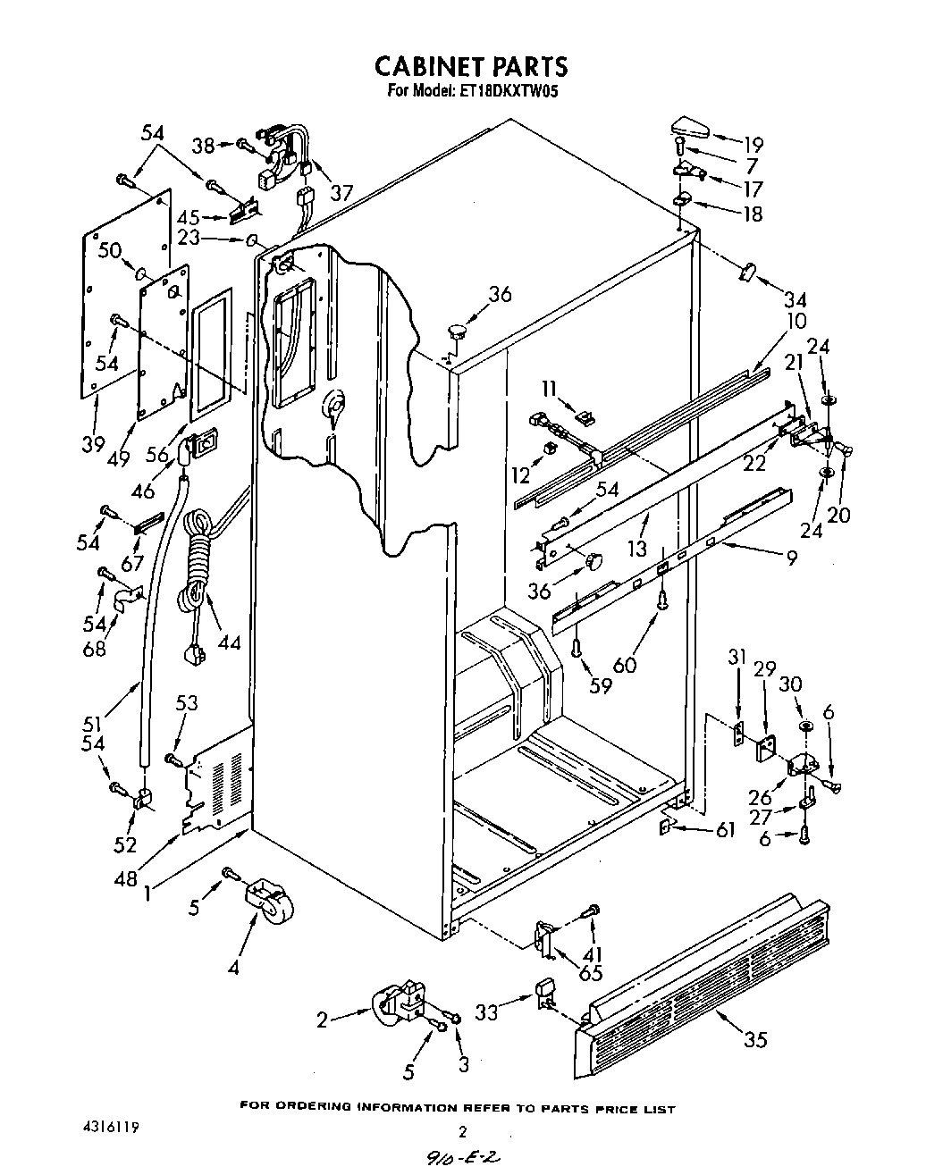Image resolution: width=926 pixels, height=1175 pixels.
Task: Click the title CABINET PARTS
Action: pos(470,66)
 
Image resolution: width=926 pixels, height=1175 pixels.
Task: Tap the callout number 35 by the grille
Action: pos(754,1039)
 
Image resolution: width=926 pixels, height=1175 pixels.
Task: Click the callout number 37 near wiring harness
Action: pos(341,191)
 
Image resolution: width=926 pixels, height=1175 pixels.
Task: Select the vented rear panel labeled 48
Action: pos(219,777)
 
